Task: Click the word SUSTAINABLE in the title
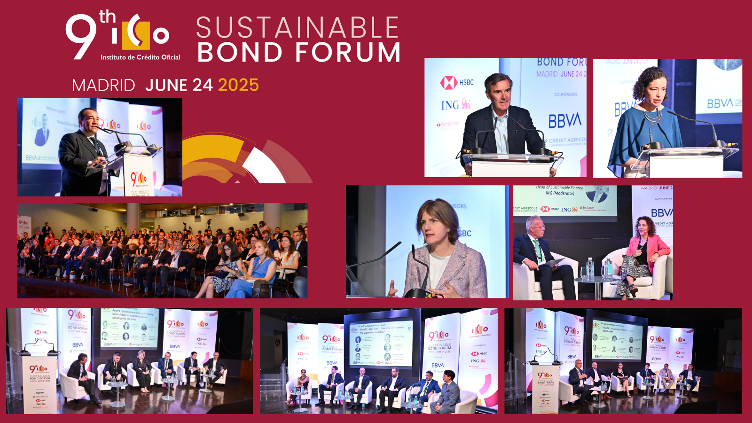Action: (x=297, y=28)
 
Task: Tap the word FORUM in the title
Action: (x=348, y=52)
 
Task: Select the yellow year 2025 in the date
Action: (x=238, y=85)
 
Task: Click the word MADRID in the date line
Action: (x=103, y=86)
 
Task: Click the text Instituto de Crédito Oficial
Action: (x=141, y=57)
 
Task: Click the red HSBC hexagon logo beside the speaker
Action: (x=448, y=83)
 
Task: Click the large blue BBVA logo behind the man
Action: (x=565, y=121)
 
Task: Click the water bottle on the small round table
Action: (x=590, y=268)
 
